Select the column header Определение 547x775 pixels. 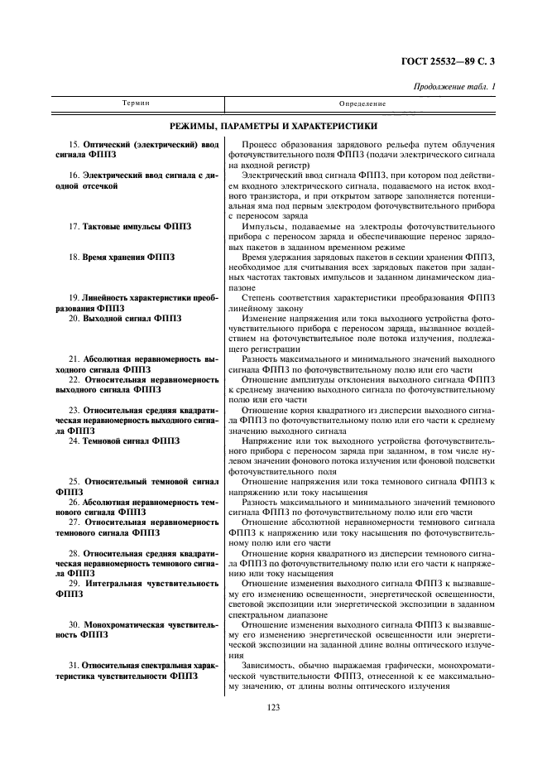coord(362,103)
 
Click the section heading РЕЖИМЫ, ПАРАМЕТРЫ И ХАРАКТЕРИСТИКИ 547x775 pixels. coord(273,127)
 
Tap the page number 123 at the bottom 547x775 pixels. coord(275,706)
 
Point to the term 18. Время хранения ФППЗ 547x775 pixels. coord(122,258)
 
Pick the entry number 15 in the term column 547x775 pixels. coord(74,144)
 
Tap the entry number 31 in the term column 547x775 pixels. coord(74,665)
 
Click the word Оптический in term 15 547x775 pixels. coord(111,144)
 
